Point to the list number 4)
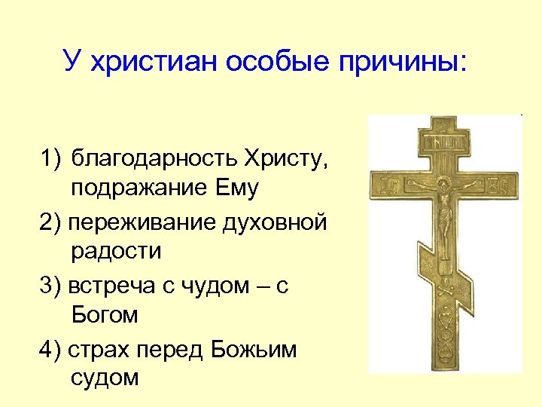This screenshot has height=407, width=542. pos(53,350)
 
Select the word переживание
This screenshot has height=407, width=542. pos(142,223)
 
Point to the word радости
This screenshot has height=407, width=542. pos(117,251)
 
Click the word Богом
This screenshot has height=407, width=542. pos(105,314)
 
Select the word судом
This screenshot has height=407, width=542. pos(105,378)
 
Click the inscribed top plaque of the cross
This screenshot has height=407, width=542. pos(445,141)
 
